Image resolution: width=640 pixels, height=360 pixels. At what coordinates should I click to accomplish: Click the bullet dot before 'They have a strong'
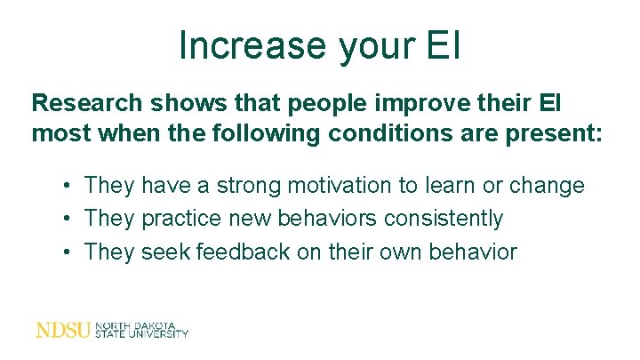(68, 187)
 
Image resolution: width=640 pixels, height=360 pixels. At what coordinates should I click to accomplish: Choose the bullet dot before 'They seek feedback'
(68, 252)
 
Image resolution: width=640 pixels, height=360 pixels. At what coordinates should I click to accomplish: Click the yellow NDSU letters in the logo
(62, 330)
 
